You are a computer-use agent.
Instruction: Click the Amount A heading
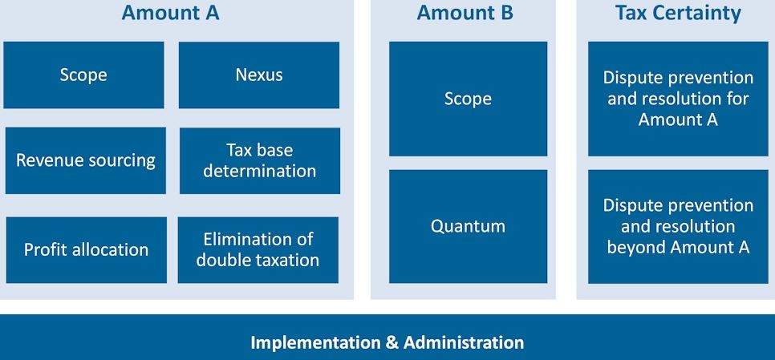tap(171, 14)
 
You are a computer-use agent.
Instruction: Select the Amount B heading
tap(465, 14)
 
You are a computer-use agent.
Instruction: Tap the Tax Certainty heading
tap(678, 14)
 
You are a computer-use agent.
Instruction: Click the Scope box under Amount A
tap(83, 75)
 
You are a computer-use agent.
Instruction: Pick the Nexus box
tap(259, 75)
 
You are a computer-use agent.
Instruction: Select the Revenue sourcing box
tap(86, 160)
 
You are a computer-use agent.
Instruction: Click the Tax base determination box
tap(260, 160)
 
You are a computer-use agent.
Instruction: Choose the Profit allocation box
tap(87, 250)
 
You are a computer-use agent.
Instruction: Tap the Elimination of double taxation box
tap(258, 250)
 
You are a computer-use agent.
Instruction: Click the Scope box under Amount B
tap(468, 99)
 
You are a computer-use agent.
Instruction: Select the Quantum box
tap(468, 227)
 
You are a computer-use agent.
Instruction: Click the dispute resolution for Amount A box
tap(678, 99)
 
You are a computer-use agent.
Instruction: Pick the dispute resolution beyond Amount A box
tap(678, 227)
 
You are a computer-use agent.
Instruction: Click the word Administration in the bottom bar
tap(464, 342)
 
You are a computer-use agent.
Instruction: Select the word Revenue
tap(46, 160)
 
